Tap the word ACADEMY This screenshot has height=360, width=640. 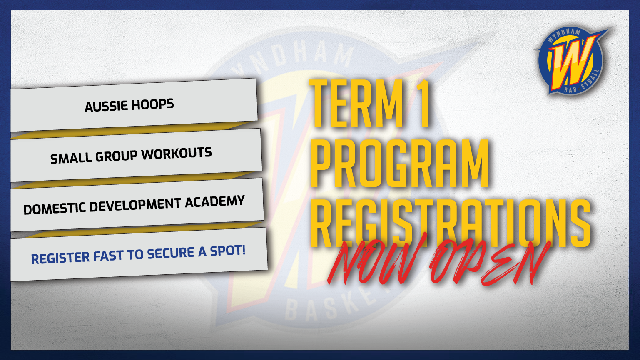tap(214, 201)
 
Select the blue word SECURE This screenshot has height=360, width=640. tap(170, 253)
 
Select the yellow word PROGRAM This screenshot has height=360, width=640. tap(400, 164)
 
